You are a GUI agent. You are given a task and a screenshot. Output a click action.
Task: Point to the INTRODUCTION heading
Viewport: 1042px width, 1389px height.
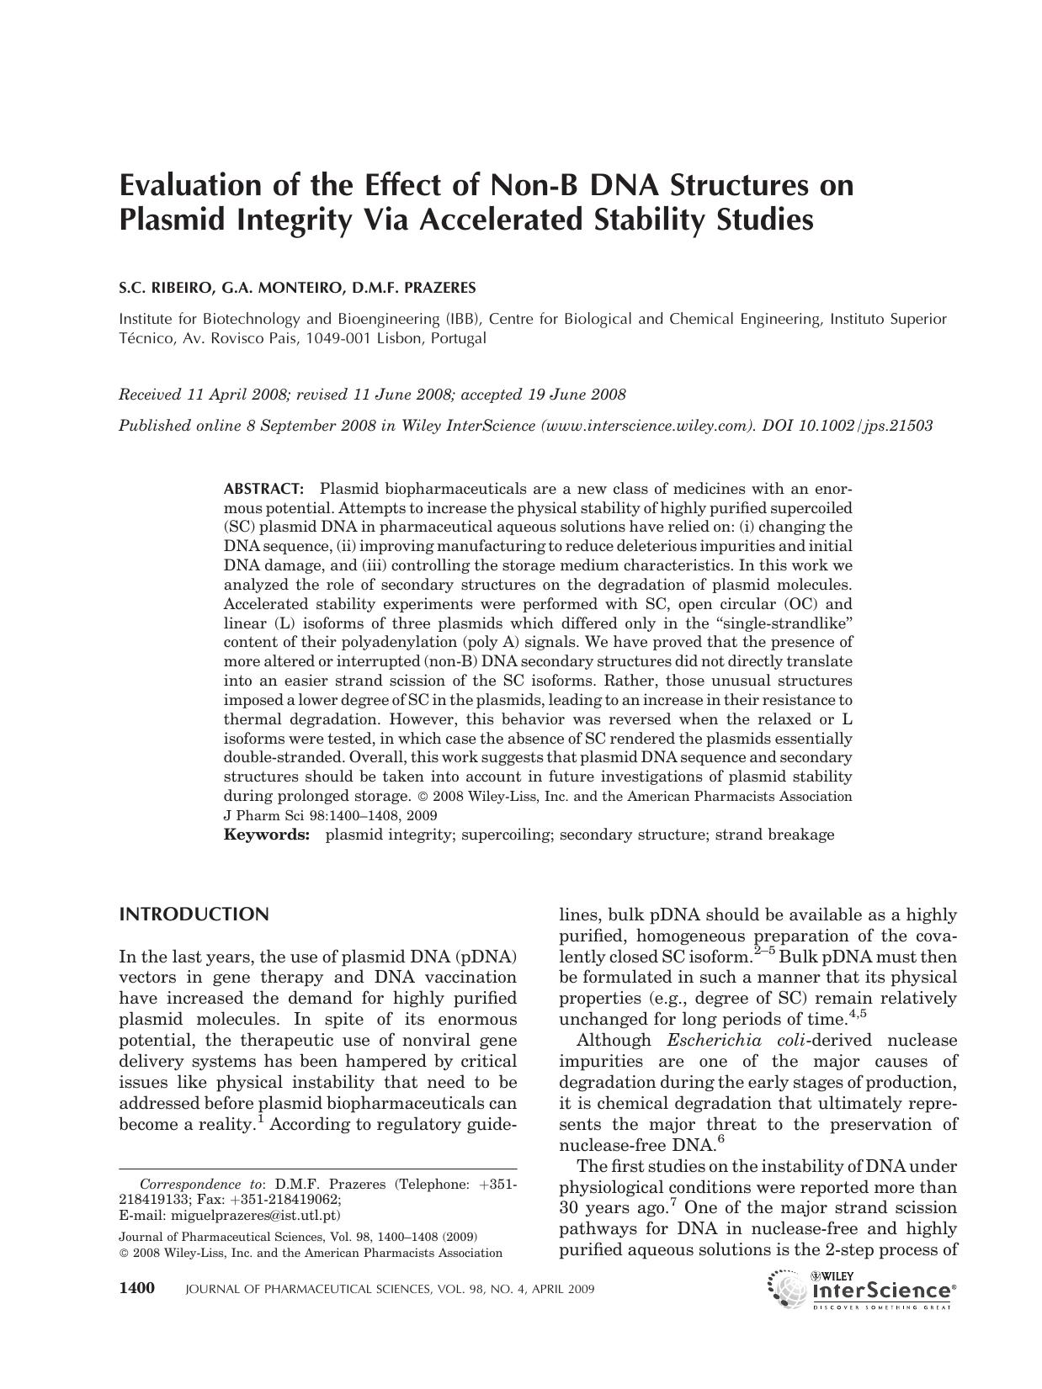tap(194, 915)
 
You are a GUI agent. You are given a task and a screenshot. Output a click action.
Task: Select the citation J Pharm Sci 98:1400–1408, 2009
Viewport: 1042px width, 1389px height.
tap(330, 815)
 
